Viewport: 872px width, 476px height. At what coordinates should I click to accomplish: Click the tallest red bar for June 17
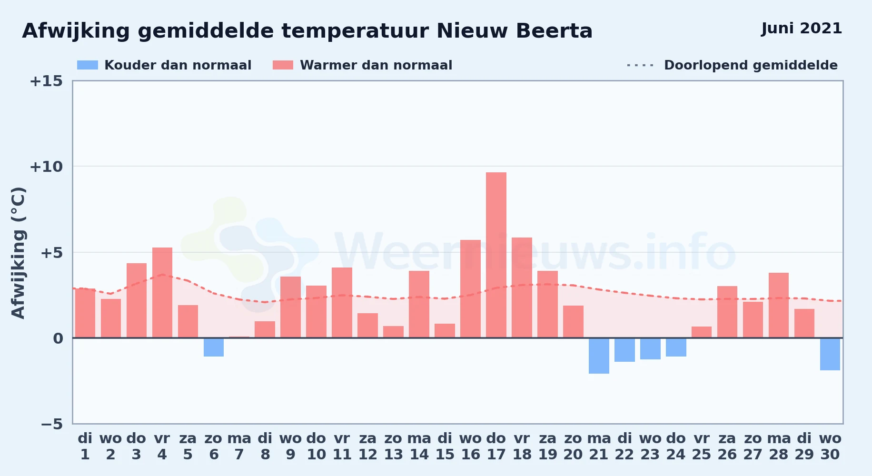[x=496, y=255]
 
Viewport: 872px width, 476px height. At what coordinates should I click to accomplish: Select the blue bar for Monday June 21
[x=599, y=356]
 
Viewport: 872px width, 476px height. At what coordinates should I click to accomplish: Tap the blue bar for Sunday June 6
[x=214, y=347]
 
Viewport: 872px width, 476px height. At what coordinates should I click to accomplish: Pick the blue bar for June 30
[x=830, y=354]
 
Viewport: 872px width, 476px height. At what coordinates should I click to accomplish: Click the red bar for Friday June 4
[x=162, y=293]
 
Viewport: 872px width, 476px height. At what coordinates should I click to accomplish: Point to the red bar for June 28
[x=779, y=305]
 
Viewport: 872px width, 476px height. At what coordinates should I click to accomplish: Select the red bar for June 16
[x=470, y=289]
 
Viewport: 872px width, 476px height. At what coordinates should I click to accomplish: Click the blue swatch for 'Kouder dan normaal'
[x=88, y=65]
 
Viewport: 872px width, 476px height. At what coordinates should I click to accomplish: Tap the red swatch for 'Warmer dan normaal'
[x=283, y=65]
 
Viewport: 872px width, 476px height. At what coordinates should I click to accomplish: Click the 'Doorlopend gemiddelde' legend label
[x=751, y=65]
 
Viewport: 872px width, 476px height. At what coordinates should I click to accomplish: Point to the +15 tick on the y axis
[x=46, y=81]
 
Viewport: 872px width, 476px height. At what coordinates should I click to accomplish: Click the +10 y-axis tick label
[x=46, y=167]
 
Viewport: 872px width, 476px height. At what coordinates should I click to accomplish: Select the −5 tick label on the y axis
[x=52, y=424]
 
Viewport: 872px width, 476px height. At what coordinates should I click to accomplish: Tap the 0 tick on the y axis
[x=58, y=338]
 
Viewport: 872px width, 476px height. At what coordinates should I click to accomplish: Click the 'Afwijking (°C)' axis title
[x=18, y=253]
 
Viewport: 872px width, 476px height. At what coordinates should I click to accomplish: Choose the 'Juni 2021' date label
[x=802, y=29]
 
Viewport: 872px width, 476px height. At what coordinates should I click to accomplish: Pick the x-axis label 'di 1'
[x=85, y=446]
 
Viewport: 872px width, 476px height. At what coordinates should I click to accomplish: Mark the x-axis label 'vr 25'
[x=702, y=446]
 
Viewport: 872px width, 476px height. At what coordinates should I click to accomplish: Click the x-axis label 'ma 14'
[x=419, y=446]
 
